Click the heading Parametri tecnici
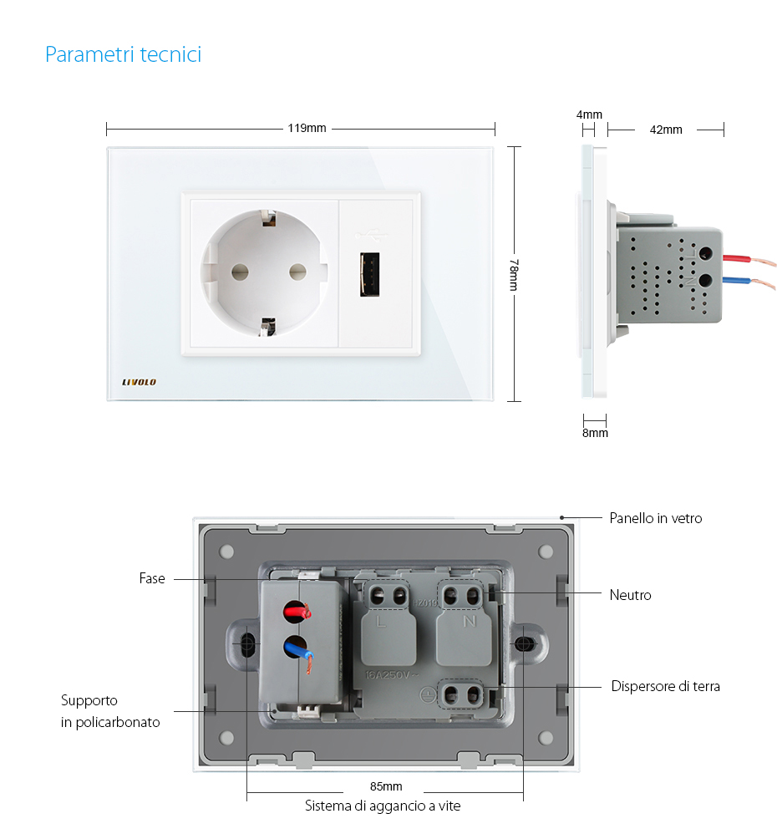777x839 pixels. pyautogui.click(x=123, y=55)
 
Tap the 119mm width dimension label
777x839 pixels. pyautogui.click(x=307, y=129)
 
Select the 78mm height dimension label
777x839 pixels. pyautogui.click(x=514, y=275)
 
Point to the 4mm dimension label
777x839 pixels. pyautogui.click(x=589, y=114)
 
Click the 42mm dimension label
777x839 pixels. pyautogui.click(x=666, y=130)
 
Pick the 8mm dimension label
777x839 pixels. pyautogui.click(x=595, y=433)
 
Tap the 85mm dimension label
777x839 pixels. pyautogui.click(x=385, y=786)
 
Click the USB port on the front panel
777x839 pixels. pyautogui.click(x=368, y=275)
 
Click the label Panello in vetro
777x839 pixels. pyautogui.click(x=655, y=518)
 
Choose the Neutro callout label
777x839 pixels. pyautogui.click(x=630, y=595)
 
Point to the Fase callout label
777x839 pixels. pyautogui.click(x=152, y=578)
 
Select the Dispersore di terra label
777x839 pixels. pyautogui.click(x=665, y=686)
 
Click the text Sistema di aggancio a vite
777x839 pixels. pyautogui.click(x=382, y=806)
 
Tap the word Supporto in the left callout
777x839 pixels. pyautogui.click(x=89, y=700)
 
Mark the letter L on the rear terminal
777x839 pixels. pyautogui.click(x=381, y=622)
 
